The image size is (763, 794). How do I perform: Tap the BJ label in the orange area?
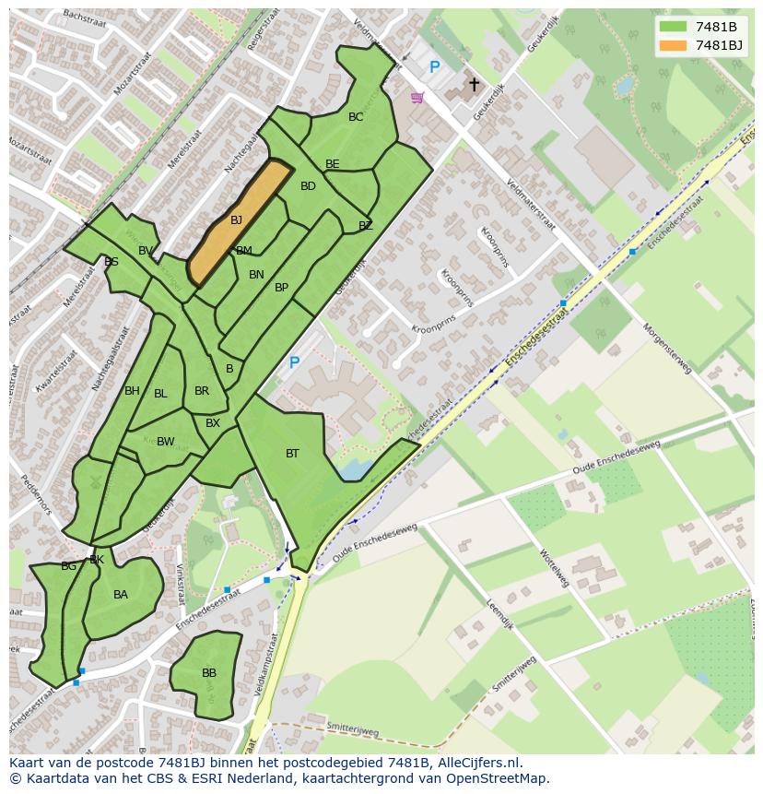[236, 220]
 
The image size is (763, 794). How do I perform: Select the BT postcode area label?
[292, 454]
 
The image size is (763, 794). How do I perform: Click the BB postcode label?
[209, 673]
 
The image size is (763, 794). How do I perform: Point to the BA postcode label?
[121, 595]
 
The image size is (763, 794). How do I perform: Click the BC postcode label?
[356, 117]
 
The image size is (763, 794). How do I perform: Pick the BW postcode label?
[165, 442]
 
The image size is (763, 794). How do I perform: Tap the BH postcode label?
[132, 391]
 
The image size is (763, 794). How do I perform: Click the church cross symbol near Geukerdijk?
[475, 85]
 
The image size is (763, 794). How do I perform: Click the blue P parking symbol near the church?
[434, 67]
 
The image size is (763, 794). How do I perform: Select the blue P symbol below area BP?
[294, 363]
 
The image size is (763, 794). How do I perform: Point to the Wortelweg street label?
[554, 568]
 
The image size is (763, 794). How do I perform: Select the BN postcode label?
[256, 275]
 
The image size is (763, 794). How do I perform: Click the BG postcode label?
[68, 566]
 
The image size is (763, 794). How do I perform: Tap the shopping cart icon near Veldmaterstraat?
[417, 97]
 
